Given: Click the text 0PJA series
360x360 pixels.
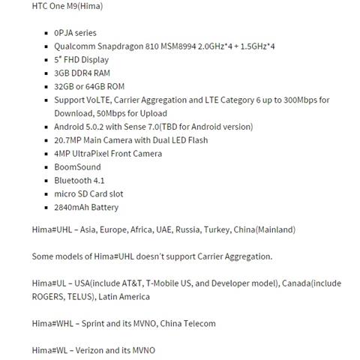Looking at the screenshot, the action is pyautogui.click(x=75, y=33).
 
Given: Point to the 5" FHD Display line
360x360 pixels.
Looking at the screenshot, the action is pyautogui.click(x=81, y=60).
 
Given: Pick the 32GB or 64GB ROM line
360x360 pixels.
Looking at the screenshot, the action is pyautogui.click(x=89, y=87).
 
